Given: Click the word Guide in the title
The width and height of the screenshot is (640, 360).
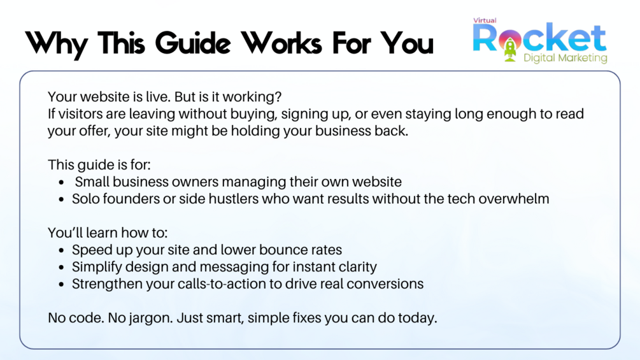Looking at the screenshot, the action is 193,43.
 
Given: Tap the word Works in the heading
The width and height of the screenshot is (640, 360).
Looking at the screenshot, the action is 281,43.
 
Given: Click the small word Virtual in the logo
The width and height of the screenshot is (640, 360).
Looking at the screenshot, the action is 485,20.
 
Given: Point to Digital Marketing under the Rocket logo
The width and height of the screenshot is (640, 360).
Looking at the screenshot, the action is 565,58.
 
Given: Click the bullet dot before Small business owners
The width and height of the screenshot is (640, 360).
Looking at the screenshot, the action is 61,182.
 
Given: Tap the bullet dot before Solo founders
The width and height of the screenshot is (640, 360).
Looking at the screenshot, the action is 61,199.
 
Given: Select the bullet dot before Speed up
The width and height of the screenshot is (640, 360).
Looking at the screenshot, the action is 61,250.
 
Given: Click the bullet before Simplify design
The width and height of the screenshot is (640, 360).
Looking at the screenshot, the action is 61,268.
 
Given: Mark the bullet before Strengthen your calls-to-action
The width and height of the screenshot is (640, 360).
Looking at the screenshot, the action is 61,284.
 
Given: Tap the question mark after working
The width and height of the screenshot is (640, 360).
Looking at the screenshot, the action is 278,97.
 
